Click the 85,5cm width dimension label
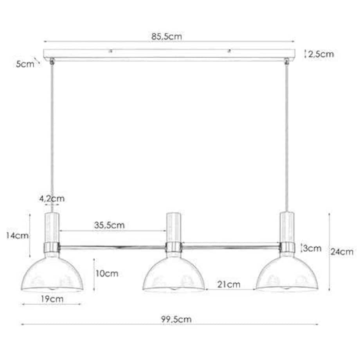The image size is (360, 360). coord(167,36)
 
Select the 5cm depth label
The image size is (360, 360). coord(25,64)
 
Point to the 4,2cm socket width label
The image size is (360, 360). coord(52,199)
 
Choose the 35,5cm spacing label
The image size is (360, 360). coord(109,225)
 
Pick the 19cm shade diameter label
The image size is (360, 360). coord(52,299)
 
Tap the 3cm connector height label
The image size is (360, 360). coord(312,248)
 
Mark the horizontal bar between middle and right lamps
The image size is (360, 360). coord(231,247)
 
